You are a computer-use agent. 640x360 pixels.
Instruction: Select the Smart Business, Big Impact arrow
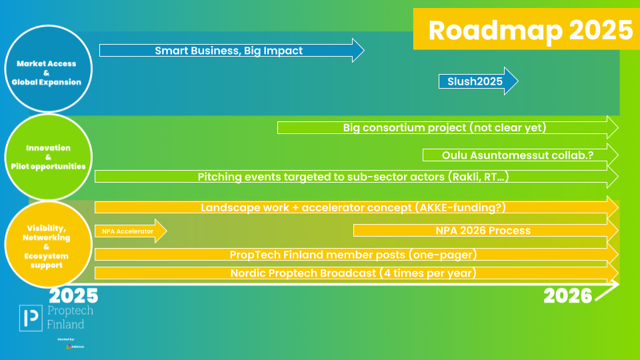point(229,51)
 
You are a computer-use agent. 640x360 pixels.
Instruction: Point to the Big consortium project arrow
point(445,127)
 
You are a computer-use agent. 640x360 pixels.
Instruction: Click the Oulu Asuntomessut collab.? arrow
point(517,155)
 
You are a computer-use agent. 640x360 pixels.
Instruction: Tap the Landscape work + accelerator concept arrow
point(352,207)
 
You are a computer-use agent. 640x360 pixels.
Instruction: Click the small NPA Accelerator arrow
point(128,231)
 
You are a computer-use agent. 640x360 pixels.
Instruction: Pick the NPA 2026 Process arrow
point(483,231)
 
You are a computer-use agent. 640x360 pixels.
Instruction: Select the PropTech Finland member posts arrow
point(353,255)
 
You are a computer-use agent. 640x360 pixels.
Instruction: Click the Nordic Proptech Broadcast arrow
point(353,273)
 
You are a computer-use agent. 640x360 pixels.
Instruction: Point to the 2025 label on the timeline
point(73,295)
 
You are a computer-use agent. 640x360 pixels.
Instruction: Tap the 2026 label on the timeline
point(567,295)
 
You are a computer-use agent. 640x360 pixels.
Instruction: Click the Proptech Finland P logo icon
point(31,318)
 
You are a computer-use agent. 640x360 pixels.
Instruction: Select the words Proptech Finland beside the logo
point(69,318)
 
